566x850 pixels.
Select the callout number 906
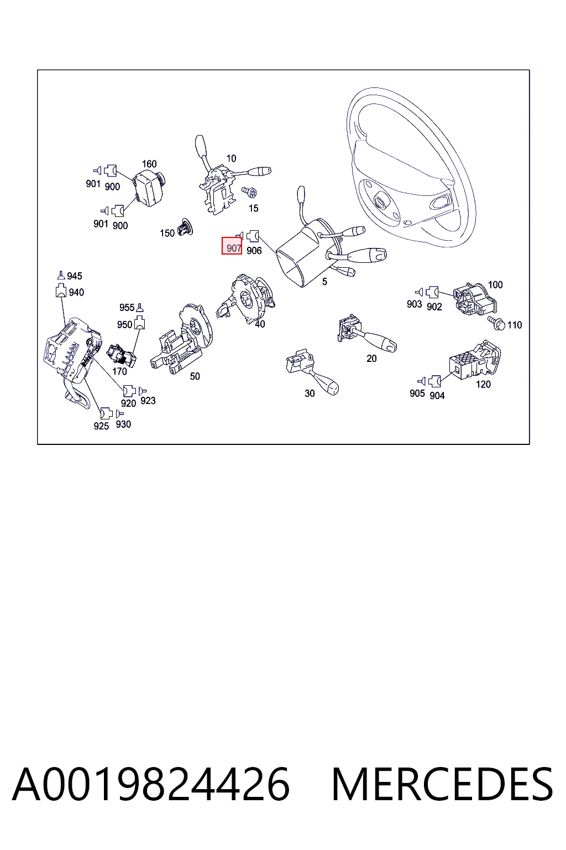click(x=254, y=251)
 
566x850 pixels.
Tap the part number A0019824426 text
click(x=151, y=784)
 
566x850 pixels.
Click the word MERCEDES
click(x=442, y=784)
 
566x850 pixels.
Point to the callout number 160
click(x=149, y=164)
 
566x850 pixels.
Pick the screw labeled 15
click(x=249, y=193)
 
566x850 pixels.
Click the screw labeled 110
click(x=496, y=323)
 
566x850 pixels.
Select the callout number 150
click(x=167, y=233)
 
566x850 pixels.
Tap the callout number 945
click(x=74, y=276)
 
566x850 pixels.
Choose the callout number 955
click(x=127, y=307)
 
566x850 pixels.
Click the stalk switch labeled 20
click(x=366, y=334)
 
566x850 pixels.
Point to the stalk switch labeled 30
click(x=312, y=372)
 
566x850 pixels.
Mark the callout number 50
click(x=195, y=376)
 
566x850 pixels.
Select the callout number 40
click(x=260, y=324)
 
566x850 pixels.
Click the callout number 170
click(x=119, y=371)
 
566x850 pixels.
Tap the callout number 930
click(x=123, y=424)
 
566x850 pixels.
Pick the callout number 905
click(x=417, y=393)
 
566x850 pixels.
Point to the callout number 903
click(x=415, y=304)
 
